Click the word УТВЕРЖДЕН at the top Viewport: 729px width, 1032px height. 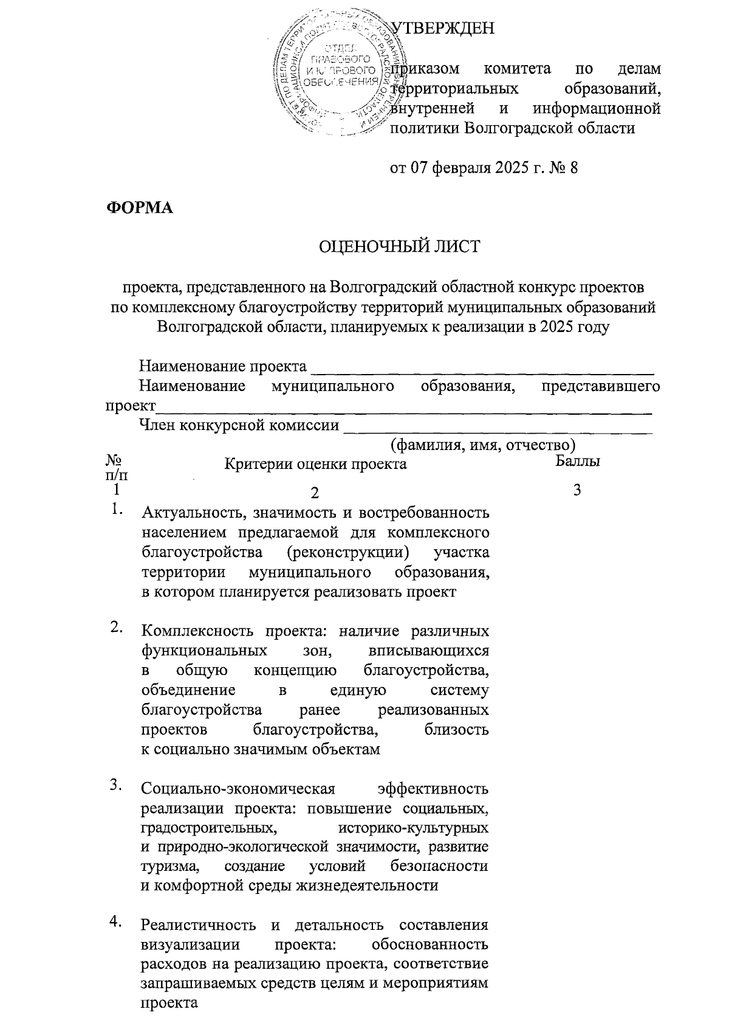pos(442,29)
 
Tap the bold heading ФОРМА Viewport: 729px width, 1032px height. pos(140,207)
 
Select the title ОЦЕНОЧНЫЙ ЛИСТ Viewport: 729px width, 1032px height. pos(399,246)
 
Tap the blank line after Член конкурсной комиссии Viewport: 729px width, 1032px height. pos(498,425)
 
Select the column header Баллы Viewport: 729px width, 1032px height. pos(578,461)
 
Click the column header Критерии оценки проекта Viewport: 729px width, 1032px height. pos(315,464)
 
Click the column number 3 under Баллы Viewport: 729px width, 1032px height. pos(577,490)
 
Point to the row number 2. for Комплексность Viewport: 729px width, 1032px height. pos(117,628)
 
